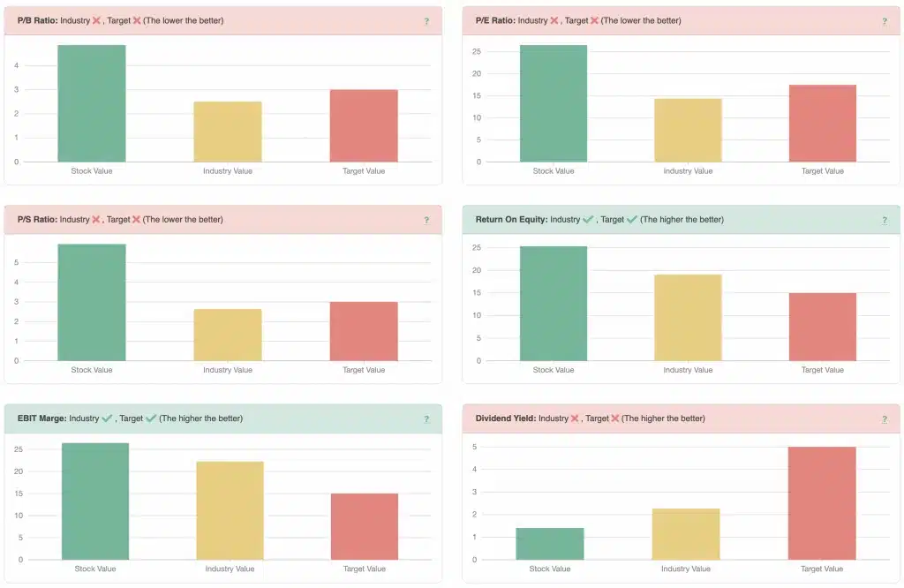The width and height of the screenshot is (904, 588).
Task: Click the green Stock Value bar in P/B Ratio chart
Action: pos(92,103)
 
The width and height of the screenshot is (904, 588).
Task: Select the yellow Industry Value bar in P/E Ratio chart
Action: pos(688,130)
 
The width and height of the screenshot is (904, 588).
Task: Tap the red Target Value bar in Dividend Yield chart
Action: pos(822,503)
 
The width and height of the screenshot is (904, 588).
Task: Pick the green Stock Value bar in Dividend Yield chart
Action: pos(549,544)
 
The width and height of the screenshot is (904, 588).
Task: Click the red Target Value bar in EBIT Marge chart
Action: pos(364,526)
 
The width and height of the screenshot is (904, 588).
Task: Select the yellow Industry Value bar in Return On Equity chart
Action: pos(688,318)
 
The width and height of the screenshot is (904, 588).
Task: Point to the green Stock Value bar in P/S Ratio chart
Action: pos(92,302)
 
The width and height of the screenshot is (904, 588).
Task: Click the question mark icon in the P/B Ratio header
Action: pos(426,21)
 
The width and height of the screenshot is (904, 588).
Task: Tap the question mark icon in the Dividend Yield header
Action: pos(884,419)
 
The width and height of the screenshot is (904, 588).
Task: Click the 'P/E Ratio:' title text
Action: pos(494,20)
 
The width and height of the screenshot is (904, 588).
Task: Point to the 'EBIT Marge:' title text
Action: pos(41,418)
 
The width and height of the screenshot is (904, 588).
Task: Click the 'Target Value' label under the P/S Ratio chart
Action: pos(364,370)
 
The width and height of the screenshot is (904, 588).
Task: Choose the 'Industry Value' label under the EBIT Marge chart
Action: pos(229,569)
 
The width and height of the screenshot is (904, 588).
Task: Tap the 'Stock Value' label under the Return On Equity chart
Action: pos(554,370)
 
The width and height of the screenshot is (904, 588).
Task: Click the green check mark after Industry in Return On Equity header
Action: pos(588,219)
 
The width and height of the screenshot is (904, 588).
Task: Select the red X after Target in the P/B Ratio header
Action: pos(137,20)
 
